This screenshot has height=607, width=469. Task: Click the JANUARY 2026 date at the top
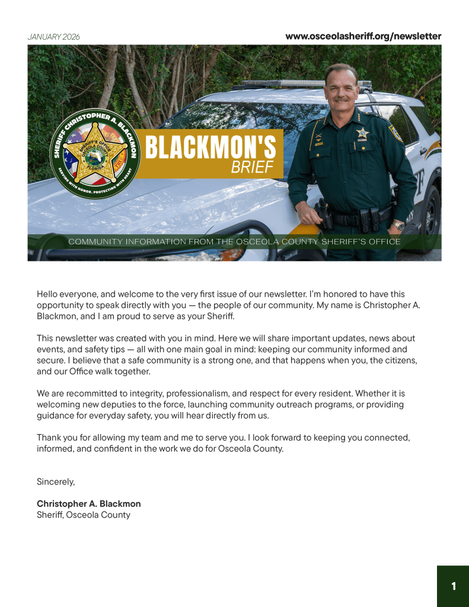click(x=53, y=37)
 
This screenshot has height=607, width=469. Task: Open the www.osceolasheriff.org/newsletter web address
click(x=363, y=36)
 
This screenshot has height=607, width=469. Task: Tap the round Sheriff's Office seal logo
click(x=95, y=154)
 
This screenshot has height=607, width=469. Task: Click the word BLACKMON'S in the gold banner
click(x=210, y=148)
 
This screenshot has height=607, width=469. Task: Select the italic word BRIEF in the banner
click(x=252, y=167)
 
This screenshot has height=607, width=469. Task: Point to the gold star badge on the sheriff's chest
click(x=362, y=133)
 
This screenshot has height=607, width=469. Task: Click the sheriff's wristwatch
click(x=399, y=225)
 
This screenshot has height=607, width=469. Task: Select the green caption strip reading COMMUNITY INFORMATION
click(x=234, y=242)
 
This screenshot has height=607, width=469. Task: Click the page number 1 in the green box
click(x=454, y=586)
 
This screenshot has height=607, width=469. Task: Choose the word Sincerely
click(x=56, y=481)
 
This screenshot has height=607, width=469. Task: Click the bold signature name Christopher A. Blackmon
click(x=89, y=504)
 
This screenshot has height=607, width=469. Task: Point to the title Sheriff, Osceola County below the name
click(x=84, y=515)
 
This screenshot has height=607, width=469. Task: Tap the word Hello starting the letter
click(x=48, y=293)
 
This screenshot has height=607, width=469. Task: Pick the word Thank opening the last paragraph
click(x=49, y=437)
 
